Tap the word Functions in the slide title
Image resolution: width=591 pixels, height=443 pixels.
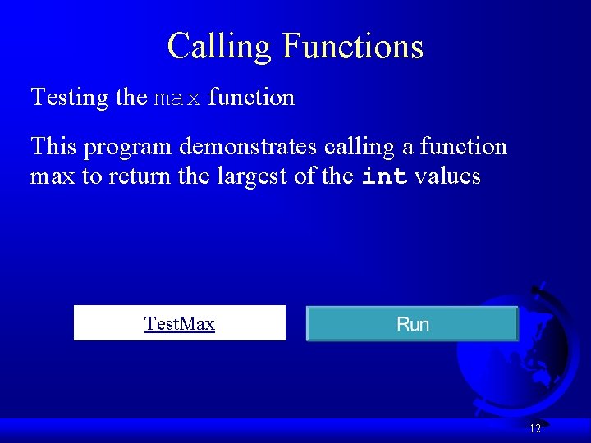(352, 46)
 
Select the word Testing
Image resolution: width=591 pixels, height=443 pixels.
(69, 98)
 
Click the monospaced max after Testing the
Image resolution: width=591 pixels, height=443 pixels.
(177, 98)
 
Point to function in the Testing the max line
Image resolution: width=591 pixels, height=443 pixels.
(251, 98)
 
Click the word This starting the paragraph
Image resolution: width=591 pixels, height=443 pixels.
(53, 147)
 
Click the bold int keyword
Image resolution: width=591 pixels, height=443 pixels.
(384, 176)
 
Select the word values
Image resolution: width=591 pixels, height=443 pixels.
(447, 176)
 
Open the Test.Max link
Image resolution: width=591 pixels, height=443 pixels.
(179, 323)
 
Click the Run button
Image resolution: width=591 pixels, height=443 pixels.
(412, 324)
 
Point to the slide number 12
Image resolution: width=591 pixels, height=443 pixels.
(534, 428)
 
